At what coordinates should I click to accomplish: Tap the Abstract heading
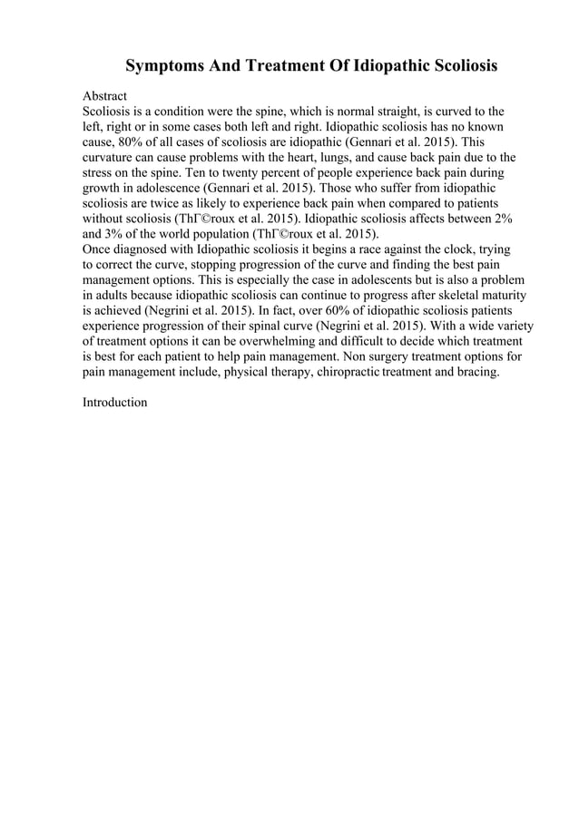pyautogui.click(x=104, y=95)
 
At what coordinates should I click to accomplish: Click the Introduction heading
pyautogui.click(x=114, y=401)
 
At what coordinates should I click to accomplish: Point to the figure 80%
pyautogui.click(x=137, y=144)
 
